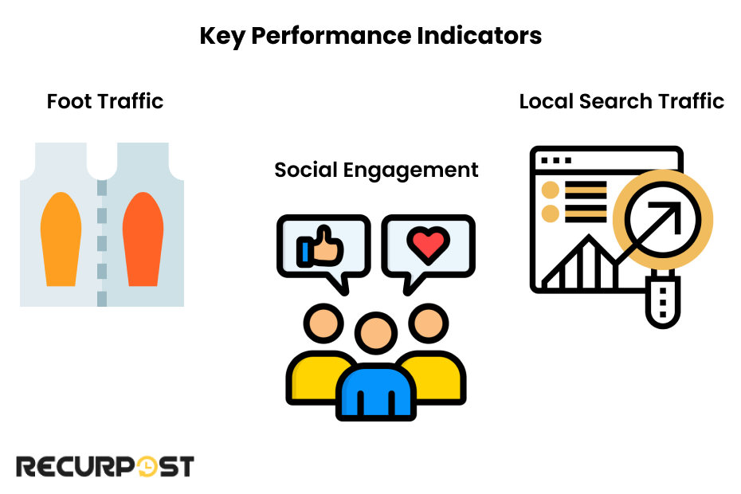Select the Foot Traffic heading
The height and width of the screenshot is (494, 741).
105,101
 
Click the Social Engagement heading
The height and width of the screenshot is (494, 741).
376,170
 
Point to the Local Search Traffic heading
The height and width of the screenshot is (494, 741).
621,101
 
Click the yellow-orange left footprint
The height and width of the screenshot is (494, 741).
61,238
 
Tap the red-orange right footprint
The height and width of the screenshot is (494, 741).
143,238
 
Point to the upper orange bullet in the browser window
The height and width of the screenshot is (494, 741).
550,190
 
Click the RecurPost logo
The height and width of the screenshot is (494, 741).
105,466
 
